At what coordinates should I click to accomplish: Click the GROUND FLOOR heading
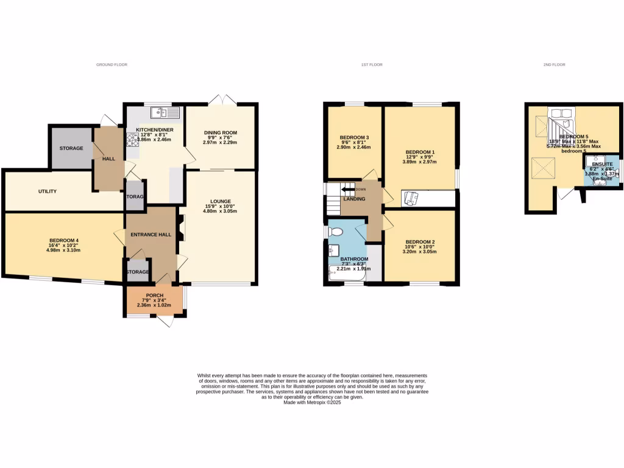(112, 65)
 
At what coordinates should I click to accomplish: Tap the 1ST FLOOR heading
(372, 65)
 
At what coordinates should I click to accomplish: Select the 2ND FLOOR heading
(555, 65)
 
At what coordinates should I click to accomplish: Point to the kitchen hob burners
(131, 140)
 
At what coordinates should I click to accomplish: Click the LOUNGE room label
(221, 201)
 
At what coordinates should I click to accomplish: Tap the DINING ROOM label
(221, 132)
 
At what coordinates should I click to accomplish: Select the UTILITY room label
(48, 191)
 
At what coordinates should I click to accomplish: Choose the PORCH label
(154, 295)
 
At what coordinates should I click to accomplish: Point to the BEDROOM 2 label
(420, 241)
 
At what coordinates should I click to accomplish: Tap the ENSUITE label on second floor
(600, 165)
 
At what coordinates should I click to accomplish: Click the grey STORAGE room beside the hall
(71, 148)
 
